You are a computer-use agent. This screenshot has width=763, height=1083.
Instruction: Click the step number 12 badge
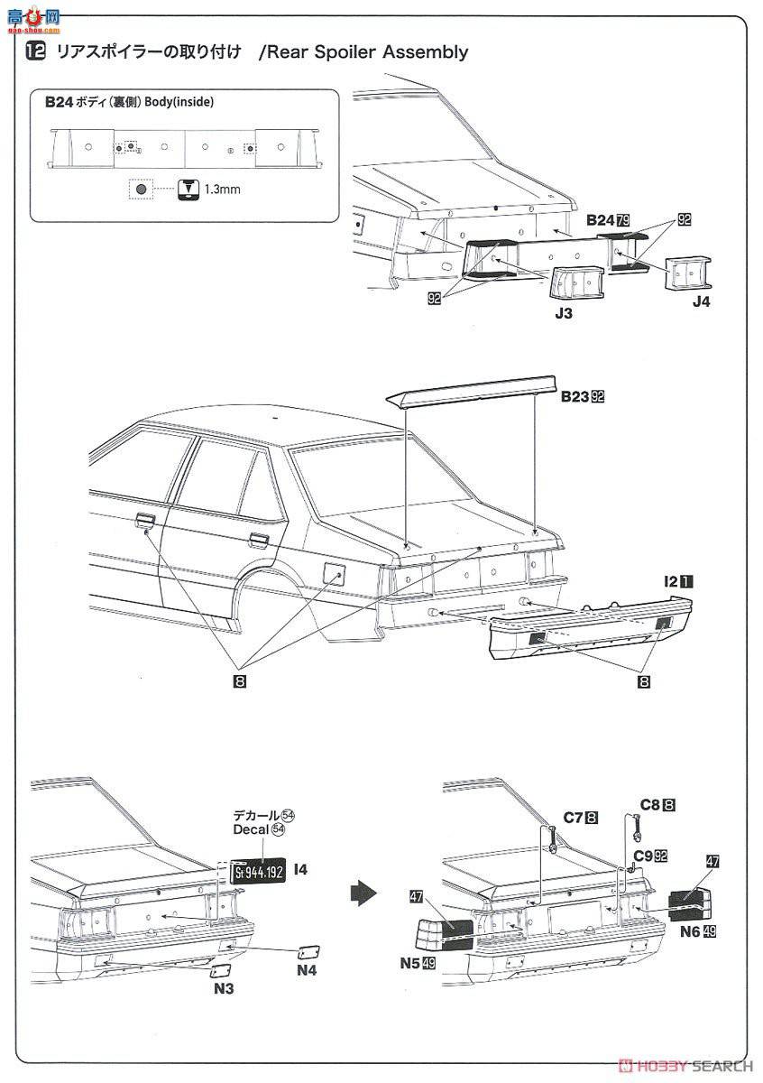pyautogui.click(x=35, y=52)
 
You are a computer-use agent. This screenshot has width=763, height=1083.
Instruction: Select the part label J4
pyautogui.click(x=701, y=302)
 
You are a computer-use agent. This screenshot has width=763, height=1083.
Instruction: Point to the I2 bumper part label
pyautogui.click(x=670, y=583)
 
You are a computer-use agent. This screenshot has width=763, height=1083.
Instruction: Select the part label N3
pyautogui.click(x=223, y=988)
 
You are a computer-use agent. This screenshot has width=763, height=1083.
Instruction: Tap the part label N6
pyautogui.click(x=692, y=930)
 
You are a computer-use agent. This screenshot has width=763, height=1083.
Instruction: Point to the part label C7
pyautogui.click(x=575, y=818)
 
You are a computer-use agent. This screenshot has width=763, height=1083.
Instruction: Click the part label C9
pyautogui.click(x=643, y=855)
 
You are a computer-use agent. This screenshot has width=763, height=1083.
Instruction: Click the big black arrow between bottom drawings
pyautogui.click(x=362, y=893)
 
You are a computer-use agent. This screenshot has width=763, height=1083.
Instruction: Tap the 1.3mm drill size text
pyautogui.click(x=222, y=190)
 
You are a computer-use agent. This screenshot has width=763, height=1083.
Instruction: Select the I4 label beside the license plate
pyautogui.click(x=300, y=869)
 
